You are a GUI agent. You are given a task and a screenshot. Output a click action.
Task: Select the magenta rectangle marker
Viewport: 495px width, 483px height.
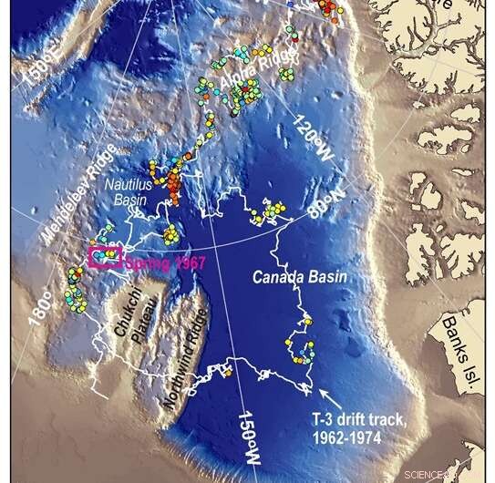pyautogui.click(x=105, y=257)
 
